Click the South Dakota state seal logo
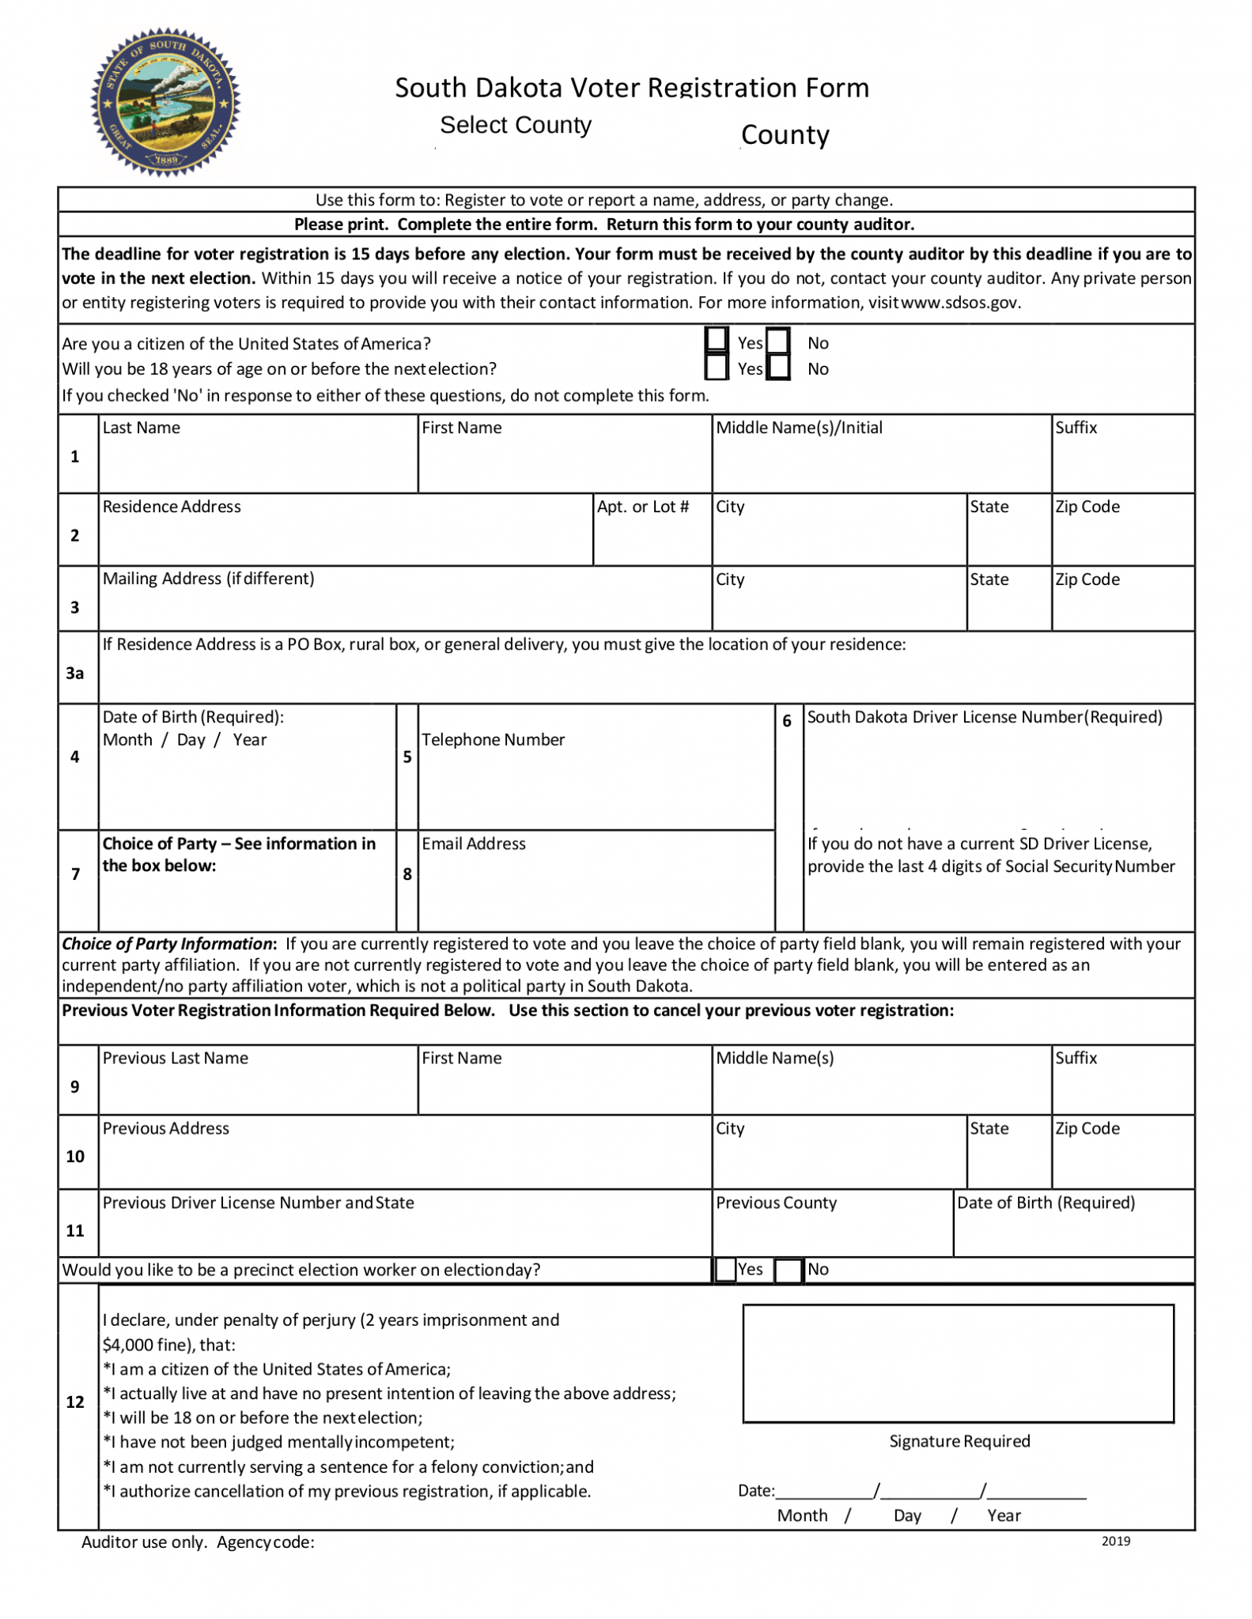coord(165,102)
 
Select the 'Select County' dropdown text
coord(515,125)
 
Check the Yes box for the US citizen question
coord(716,340)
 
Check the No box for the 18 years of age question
coord(778,368)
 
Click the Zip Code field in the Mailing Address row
coord(1122,609)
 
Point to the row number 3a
coord(75,673)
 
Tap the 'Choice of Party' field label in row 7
coord(238,854)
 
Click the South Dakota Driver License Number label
coord(984,717)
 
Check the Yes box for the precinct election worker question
coord(724,1270)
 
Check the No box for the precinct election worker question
coord(788,1270)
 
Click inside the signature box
coord(958,1363)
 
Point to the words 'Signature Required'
coord(959,1441)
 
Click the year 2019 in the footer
coord(1115,1541)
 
